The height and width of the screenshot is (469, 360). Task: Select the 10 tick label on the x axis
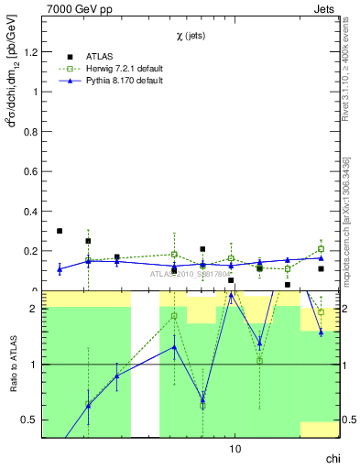point(235,449)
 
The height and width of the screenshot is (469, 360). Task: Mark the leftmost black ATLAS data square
point(60,231)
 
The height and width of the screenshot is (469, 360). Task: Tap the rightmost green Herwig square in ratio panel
point(321,312)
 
